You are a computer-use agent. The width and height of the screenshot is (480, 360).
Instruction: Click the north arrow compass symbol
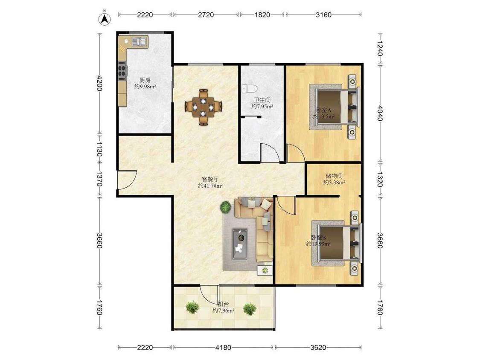(105, 18)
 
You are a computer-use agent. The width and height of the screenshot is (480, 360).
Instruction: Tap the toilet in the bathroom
(249, 88)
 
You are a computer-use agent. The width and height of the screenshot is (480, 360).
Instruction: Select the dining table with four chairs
(203, 107)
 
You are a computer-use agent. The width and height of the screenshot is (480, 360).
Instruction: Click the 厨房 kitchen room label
(145, 80)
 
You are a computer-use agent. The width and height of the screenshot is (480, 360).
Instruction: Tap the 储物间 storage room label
(334, 176)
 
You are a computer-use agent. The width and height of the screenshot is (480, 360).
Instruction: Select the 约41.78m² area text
(210, 186)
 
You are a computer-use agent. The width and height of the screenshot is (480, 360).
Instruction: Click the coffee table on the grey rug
(240, 244)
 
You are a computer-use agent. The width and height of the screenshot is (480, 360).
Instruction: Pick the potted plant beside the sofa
(226, 207)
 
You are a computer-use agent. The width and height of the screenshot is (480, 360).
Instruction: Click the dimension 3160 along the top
(323, 15)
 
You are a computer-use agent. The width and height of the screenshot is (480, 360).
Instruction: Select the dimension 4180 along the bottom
(223, 348)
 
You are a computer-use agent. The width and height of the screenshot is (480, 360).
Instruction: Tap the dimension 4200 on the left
(99, 83)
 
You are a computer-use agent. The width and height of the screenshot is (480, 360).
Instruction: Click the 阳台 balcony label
(223, 304)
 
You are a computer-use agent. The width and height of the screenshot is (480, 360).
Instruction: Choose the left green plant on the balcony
(192, 307)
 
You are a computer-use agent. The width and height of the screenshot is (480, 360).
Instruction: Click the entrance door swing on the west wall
(127, 180)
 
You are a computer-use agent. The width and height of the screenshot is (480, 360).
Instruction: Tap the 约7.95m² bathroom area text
(262, 107)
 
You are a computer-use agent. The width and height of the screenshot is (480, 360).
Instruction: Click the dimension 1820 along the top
(262, 15)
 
